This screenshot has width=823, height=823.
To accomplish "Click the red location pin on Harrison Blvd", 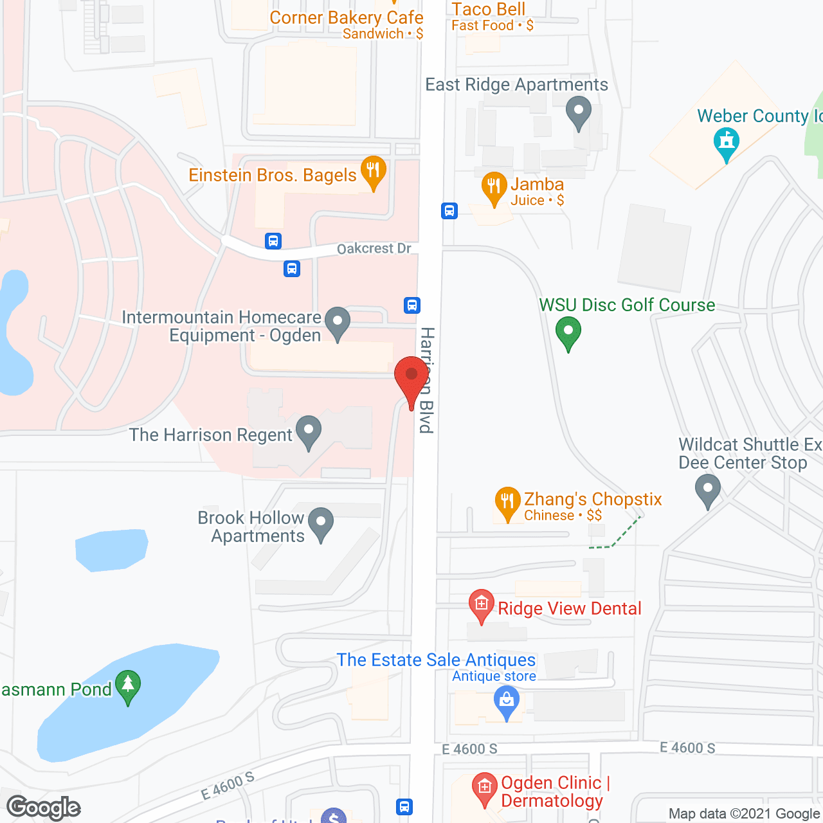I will [x=411, y=376].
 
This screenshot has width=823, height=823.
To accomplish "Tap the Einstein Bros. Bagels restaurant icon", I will [x=373, y=171].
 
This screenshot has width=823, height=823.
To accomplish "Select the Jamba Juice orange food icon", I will [x=494, y=187].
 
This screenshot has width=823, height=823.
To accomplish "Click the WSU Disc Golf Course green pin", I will [x=568, y=332].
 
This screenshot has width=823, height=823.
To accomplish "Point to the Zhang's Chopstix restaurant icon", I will [x=507, y=502].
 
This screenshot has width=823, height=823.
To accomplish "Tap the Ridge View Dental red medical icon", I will [x=481, y=605].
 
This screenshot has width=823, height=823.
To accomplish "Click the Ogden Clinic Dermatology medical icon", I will [x=484, y=788].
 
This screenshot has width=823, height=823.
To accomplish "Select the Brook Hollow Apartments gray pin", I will [x=321, y=522].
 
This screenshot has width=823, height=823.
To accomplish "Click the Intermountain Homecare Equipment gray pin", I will [x=338, y=321].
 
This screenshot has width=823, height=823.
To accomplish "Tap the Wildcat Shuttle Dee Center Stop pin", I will [x=708, y=489].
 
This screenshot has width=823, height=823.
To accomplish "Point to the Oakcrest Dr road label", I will [x=374, y=249].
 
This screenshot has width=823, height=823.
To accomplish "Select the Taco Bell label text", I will [x=489, y=9].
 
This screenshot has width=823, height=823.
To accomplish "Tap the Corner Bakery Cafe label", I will [x=346, y=18].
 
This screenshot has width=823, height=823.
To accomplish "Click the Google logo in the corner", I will [x=44, y=807].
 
